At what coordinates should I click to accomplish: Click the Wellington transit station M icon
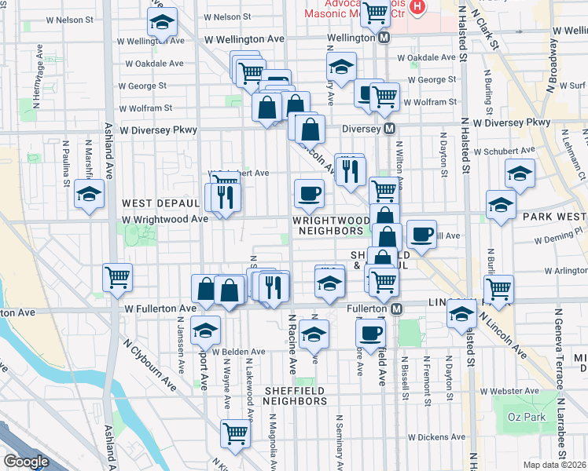click(384, 38)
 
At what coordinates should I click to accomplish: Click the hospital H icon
click(417, 8)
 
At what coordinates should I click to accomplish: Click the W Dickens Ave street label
click(435, 437)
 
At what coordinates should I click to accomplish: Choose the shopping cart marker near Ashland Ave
click(117, 276)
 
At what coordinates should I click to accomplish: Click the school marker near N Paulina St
click(89, 194)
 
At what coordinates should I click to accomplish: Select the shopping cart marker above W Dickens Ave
click(235, 433)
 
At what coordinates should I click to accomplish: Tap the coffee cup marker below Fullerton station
click(369, 331)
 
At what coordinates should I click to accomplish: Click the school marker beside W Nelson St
click(163, 24)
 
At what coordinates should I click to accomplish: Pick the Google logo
click(26, 462)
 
